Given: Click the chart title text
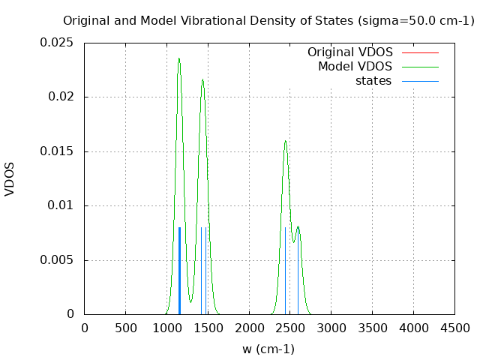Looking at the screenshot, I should pyautogui.click(x=268, y=21).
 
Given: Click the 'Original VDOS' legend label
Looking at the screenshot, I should pyautogui.click(x=349, y=52).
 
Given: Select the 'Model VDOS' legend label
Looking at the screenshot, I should pyautogui.click(x=355, y=67).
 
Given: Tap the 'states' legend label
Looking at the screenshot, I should pyautogui.click(x=373, y=81).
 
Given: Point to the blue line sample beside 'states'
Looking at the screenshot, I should pyautogui.click(x=420, y=81).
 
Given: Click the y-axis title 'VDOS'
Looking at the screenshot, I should pyautogui.click(x=10, y=178).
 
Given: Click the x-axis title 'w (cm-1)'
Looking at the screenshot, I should pyautogui.click(x=268, y=349).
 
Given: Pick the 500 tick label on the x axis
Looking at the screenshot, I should pyautogui.click(x=125, y=328).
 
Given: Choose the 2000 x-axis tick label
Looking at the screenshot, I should pyautogui.click(x=249, y=328).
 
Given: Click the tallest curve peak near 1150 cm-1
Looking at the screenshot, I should pyautogui.click(x=178, y=58).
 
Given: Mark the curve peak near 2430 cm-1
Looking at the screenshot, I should pyautogui.click(x=285, y=141).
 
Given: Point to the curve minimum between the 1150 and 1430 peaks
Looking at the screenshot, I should pyautogui.click(x=190, y=301).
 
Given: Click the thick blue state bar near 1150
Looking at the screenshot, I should pyautogui.click(x=179, y=270).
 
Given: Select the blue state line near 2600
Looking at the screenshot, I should pyautogui.click(x=298, y=270).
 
